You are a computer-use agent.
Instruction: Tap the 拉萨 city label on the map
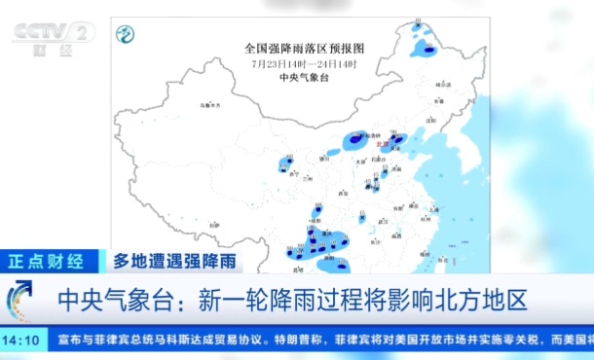tap(212, 225)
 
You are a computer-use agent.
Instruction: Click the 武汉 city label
tap(383, 221)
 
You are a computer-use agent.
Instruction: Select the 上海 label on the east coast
tap(434, 210)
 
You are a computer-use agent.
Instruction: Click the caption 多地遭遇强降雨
tap(173, 261)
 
